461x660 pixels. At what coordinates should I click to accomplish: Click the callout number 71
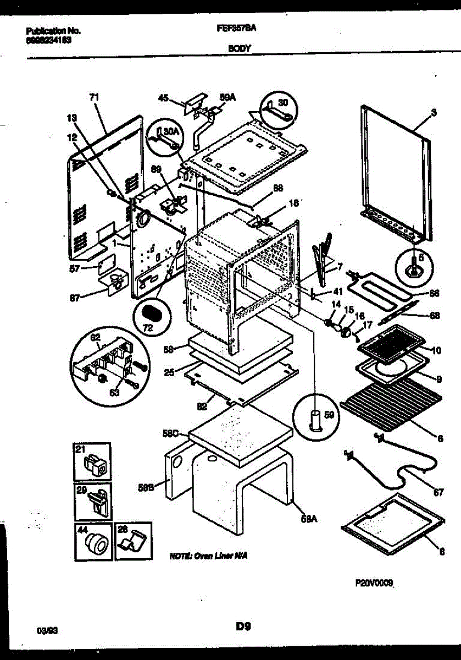tap(95, 97)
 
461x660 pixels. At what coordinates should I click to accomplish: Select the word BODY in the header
tap(239, 48)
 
